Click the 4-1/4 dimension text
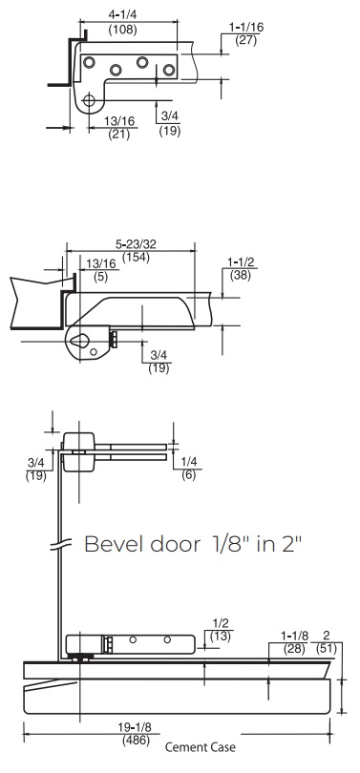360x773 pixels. [122, 14]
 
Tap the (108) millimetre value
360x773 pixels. [122, 29]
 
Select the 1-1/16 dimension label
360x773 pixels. [246, 27]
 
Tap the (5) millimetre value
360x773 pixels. [100, 277]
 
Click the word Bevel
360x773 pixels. [115, 544]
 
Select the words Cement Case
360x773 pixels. [200, 747]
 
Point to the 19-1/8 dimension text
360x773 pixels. [134, 727]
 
